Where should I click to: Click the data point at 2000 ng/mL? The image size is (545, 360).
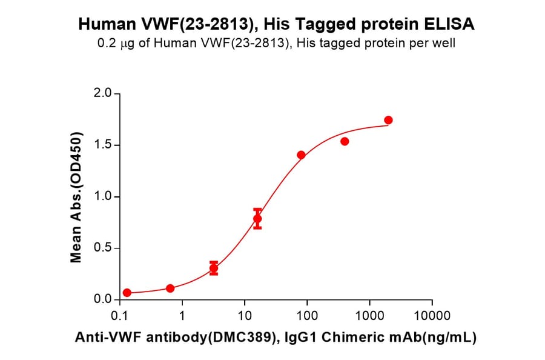388,120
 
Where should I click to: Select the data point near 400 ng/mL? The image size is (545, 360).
345,141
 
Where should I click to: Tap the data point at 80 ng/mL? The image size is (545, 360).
301,155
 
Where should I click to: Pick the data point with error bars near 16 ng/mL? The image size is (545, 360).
257,219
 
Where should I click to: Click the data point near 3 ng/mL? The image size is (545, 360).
214,268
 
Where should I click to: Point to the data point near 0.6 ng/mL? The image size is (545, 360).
170,288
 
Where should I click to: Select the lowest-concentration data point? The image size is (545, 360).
127,293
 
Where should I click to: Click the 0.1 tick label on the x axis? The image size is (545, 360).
120,316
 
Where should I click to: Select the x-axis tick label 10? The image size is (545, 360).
245,316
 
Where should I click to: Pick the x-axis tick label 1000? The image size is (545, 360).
369,316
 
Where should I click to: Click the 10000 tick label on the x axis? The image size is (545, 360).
432,316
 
